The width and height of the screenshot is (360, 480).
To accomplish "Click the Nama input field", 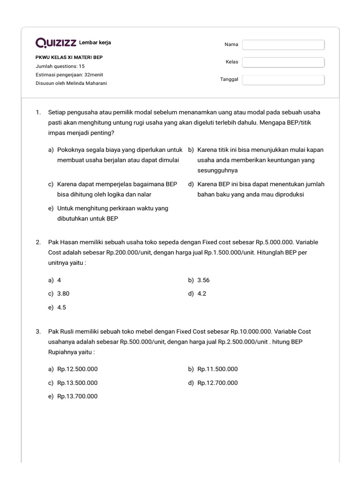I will pos(283,45).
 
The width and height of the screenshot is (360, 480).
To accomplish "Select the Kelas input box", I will pos(283,62).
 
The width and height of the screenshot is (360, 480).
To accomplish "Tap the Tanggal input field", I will pos(283,80).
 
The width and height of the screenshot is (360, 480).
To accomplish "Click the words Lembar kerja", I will pos(95,43).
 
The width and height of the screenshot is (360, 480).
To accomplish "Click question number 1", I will pos(38,112).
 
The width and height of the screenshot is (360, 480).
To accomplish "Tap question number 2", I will pos(38,242).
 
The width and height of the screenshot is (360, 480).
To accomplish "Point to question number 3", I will pos(38,331).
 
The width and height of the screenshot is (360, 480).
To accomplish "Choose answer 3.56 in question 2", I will pos(203,280).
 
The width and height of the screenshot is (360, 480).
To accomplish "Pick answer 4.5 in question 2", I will pos(62,307).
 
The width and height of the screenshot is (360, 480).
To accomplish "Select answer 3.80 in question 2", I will pos(64,293).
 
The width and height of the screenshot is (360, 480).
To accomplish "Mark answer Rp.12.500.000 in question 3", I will pos(77,369).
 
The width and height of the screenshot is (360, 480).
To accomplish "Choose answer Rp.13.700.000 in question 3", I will pos(77,396).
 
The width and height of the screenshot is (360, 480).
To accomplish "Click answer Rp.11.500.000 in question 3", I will pos(217,369).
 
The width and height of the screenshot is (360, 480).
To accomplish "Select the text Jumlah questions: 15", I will pos(60,67).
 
